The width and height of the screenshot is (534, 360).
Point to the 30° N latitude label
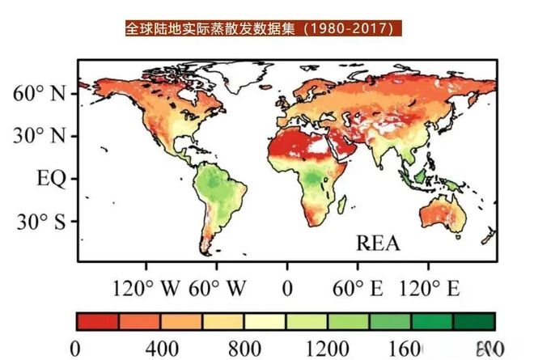[x=40, y=135]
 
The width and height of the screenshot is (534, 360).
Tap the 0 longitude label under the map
[x=286, y=287]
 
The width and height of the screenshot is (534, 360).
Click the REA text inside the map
[x=378, y=242]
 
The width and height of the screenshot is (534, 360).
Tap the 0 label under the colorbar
[x=77, y=349]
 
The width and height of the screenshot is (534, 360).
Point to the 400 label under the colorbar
[x=161, y=349]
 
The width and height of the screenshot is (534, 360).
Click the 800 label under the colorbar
[x=244, y=349]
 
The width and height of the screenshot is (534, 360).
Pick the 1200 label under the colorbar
[x=328, y=349]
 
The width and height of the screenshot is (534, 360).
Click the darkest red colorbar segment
[x=98, y=321]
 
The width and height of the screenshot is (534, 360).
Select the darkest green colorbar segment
[x=474, y=321]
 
